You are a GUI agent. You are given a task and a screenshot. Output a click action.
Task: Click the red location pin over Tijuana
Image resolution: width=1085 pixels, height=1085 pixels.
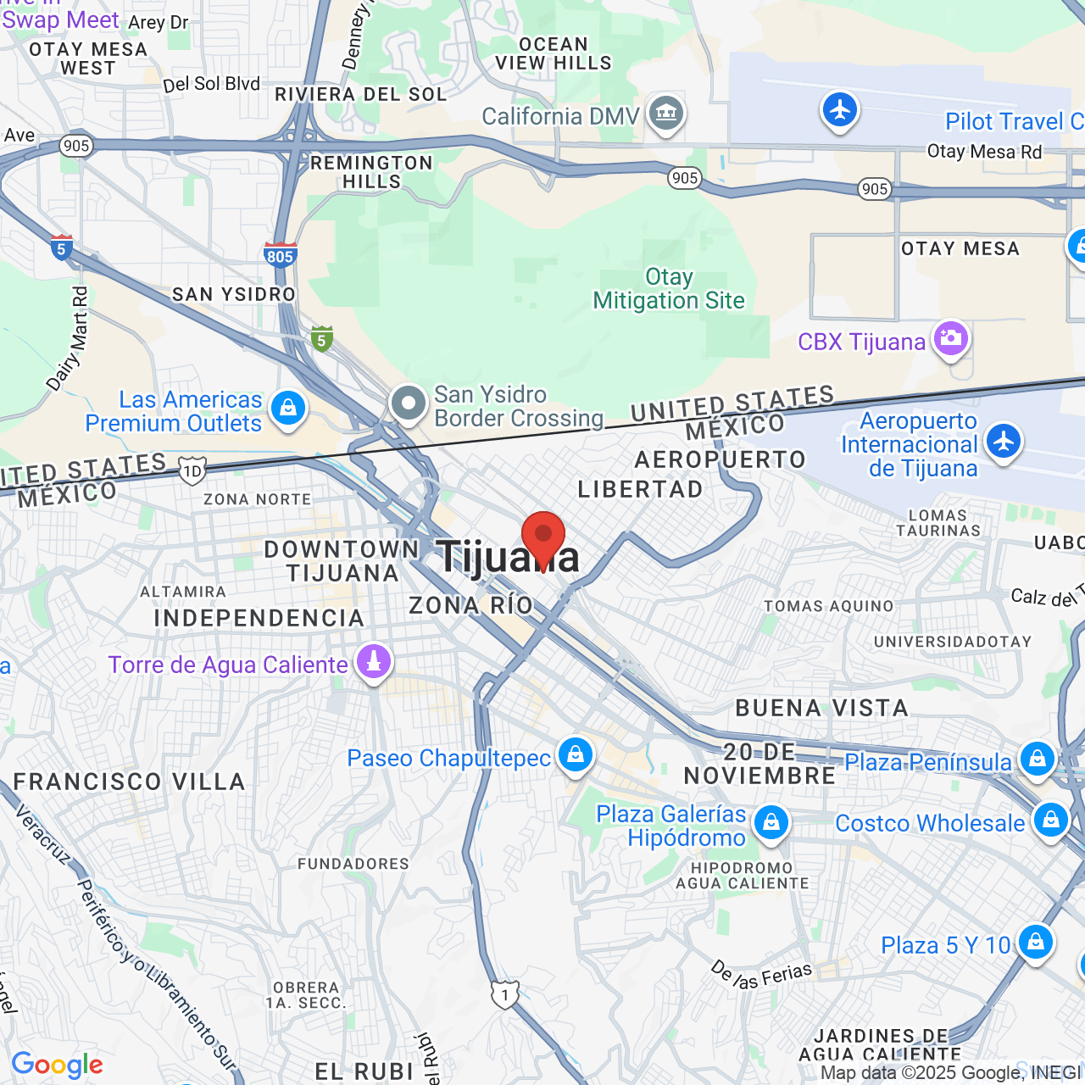click(x=543, y=537)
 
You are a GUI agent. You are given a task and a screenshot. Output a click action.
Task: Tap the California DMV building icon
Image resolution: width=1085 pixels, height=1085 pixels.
click(x=666, y=113)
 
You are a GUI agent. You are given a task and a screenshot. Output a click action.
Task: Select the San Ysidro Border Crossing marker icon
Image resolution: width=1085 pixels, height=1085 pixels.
click(x=409, y=403)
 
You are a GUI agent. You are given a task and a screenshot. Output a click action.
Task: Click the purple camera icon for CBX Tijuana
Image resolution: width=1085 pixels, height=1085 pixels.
click(x=950, y=339)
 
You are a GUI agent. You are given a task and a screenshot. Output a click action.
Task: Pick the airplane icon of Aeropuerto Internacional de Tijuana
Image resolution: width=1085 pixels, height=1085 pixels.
click(x=1004, y=442)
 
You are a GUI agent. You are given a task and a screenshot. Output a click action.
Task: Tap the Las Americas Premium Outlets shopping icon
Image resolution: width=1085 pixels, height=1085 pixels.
click(x=288, y=409)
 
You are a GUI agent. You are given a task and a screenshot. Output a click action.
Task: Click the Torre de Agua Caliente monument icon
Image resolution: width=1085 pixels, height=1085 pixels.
click(x=373, y=662)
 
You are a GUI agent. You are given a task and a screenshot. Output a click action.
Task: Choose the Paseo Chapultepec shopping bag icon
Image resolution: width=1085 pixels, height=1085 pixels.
click(x=576, y=754)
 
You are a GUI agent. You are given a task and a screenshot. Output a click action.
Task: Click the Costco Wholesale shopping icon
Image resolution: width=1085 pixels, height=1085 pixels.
click(x=1051, y=821)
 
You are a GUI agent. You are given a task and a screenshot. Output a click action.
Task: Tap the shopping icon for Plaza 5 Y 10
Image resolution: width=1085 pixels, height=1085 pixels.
click(x=1035, y=942)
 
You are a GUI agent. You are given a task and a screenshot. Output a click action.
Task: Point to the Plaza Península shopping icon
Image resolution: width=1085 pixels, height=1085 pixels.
click(x=1038, y=759)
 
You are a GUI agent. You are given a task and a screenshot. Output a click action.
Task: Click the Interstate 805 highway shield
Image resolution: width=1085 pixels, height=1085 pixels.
click(x=280, y=255)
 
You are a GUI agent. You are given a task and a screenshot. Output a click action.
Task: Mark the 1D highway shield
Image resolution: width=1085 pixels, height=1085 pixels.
click(x=192, y=471)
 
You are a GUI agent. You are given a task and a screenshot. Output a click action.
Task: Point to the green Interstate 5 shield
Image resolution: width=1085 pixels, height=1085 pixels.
click(x=321, y=340)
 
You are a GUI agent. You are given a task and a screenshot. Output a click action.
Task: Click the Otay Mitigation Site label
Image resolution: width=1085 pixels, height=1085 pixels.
click(x=669, y=289)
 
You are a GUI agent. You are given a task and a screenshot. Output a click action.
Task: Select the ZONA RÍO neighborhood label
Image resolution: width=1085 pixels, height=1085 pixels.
click(x=471, y=605)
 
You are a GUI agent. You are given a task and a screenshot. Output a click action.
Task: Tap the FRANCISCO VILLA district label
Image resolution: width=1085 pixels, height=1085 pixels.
click(x=129, y=782)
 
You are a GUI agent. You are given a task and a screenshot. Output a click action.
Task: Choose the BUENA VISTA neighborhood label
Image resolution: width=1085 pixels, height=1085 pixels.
click(x=821, y=708)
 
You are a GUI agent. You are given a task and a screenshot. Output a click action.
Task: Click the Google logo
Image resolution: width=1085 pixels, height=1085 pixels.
click(x=58, y=1066)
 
